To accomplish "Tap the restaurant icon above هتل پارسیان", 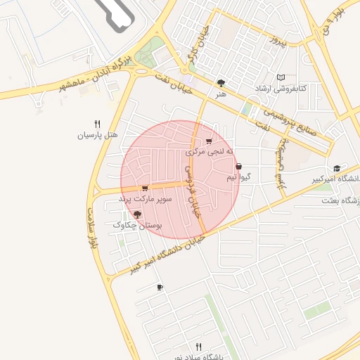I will (x=98, y=123).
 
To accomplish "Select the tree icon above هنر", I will (x=221, y=83).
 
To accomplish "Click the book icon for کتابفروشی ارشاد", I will (x=281, y=77).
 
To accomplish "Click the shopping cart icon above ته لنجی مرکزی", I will (x=209, y=141).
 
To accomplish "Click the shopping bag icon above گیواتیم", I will (x=238, y=167).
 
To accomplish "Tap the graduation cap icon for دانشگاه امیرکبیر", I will (x=337, y=169).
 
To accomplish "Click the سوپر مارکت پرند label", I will (x=143, y=200).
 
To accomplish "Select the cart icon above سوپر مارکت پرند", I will (x=144, y=188).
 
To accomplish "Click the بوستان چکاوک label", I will (x=137, y=225).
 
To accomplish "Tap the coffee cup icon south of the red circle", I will (x=160, y=287).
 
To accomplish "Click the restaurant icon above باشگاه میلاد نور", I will (x=198, y=347).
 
